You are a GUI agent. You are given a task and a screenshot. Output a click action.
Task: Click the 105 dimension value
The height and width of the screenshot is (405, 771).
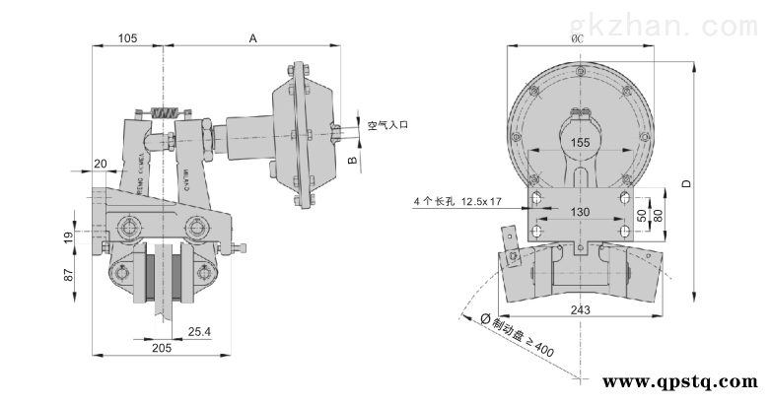[x=126, y=37]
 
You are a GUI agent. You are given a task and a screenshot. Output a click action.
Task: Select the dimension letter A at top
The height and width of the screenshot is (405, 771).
[x=252, y=37]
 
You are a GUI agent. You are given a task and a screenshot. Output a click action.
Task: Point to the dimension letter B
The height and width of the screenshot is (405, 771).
[x=351, y=159]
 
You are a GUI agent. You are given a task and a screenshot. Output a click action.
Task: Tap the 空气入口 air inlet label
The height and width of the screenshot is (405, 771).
[x=375, y=126]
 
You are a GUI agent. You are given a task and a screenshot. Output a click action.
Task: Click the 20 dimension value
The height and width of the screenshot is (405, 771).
[x=101, y=163]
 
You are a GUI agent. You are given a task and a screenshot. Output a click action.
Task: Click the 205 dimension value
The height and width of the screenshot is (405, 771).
[x=163, y=347]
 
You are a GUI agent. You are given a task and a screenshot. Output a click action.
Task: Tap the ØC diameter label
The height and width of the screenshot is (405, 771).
[x=578, y=37]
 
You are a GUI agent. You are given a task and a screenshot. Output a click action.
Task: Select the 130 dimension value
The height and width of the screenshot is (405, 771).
[x=582, y=212]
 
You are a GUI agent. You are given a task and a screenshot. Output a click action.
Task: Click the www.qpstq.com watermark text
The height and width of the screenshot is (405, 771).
[x=679, y=381]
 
